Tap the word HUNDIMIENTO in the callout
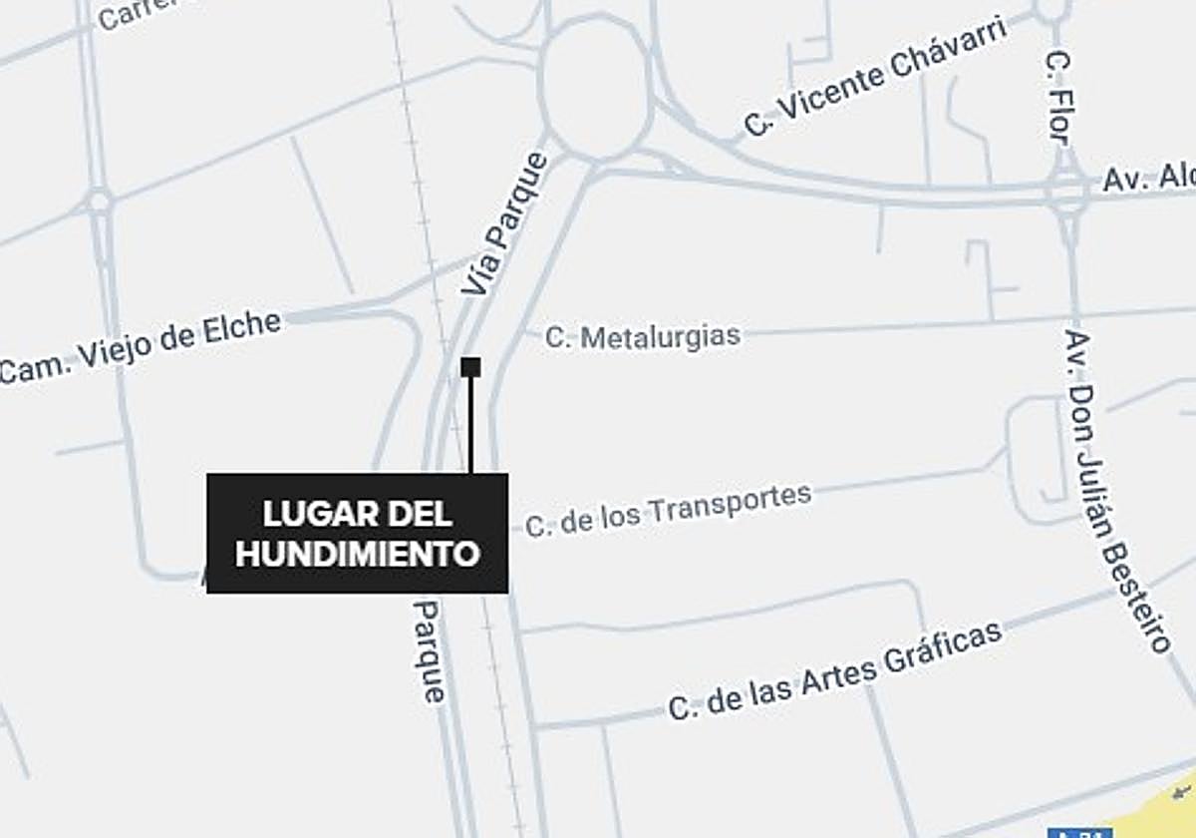pyautogui.click(x=358, y=554)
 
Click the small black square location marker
pyautogui.click(x=471, y=367)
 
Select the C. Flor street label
pyautogui.click(x=1058, y=97)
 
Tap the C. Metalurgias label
pyautogui.click(x=643, y=336)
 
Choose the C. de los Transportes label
pyautogui.click(x=668, y=510)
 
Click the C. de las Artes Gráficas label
pyautogui.click(x=835, y=671)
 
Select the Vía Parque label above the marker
pyautogui.click(x=505, y=223)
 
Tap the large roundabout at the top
pyautogui.click(x=596, y=87)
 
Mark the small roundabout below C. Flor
pyautogui.click(x=1067, y=189)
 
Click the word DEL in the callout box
pyautogui.click(x=419, y=515)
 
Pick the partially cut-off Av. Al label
pyautogui.click(x=1147, y=179)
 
